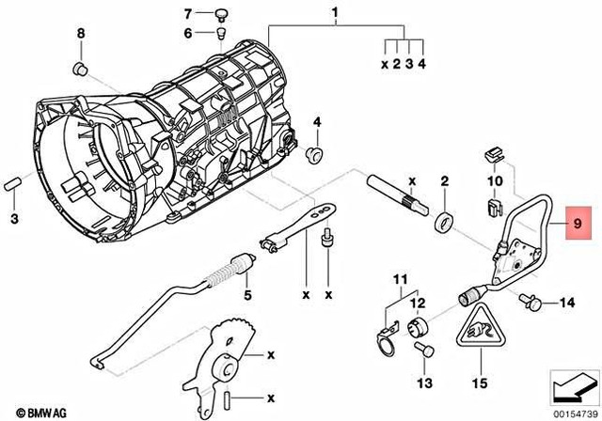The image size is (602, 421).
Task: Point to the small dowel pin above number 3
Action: click(14, 184)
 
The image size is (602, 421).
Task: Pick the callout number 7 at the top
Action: click(187, 13)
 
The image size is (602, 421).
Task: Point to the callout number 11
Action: click(400, 280)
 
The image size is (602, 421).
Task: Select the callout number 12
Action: click(417, 303)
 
